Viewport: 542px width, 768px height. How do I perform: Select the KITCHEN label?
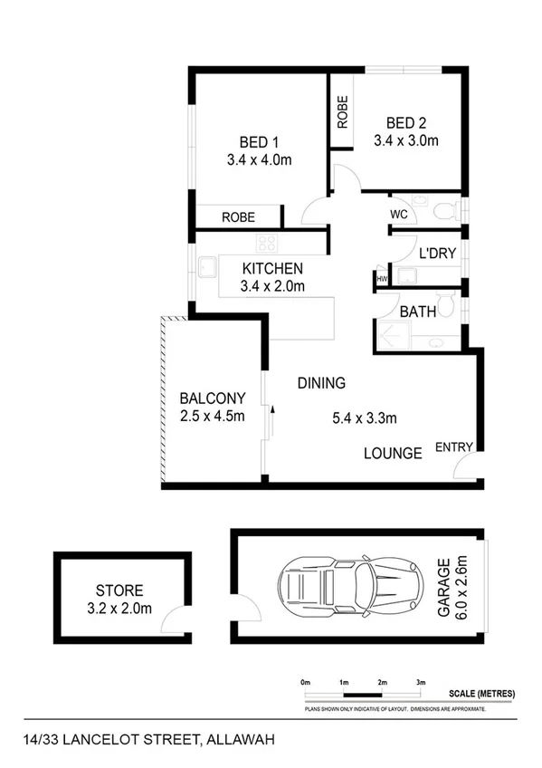[272, 269]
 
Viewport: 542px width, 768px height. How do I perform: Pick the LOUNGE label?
[393, 453]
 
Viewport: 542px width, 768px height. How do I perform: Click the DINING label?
[321, 383]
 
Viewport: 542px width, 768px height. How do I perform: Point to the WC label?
[400, 215]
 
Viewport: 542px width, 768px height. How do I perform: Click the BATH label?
[418, 311]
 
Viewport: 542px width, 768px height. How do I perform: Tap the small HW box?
[382, 279]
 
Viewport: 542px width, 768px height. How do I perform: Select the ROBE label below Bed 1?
[238, 217]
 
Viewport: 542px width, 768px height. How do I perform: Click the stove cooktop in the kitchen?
[266, 243]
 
